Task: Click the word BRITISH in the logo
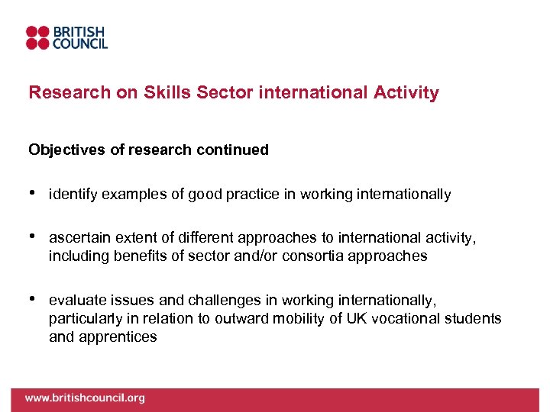(x=79, y=31)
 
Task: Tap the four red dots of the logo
(x=37, y=37)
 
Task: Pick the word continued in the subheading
(x=233, y=150)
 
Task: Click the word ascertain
(x=78, y=239)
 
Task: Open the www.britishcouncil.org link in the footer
(x=84, y=398)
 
